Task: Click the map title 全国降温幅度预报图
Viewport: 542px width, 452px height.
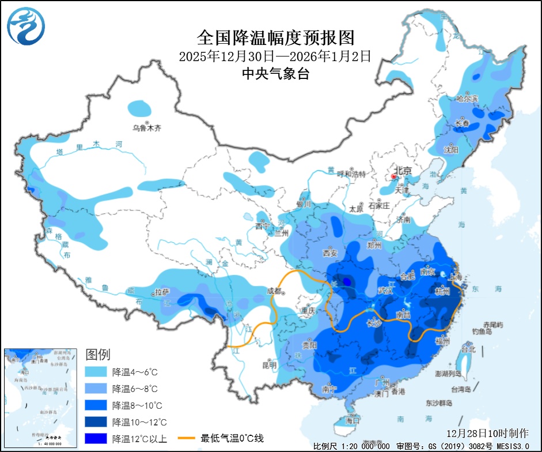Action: [x=275, y=38]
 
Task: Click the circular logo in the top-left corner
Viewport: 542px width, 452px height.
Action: [x=26, y=27]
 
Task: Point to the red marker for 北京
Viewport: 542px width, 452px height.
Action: [x=394, y=176]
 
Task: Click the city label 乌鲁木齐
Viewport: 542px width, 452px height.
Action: [x=146, y=128]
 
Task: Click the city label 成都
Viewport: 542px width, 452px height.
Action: [x=275, y=291]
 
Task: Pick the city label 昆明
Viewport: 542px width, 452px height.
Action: [x=269, y=365]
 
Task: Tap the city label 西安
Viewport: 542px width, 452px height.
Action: [x=330, y=253]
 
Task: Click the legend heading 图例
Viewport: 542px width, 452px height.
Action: [x=98, y=354]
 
